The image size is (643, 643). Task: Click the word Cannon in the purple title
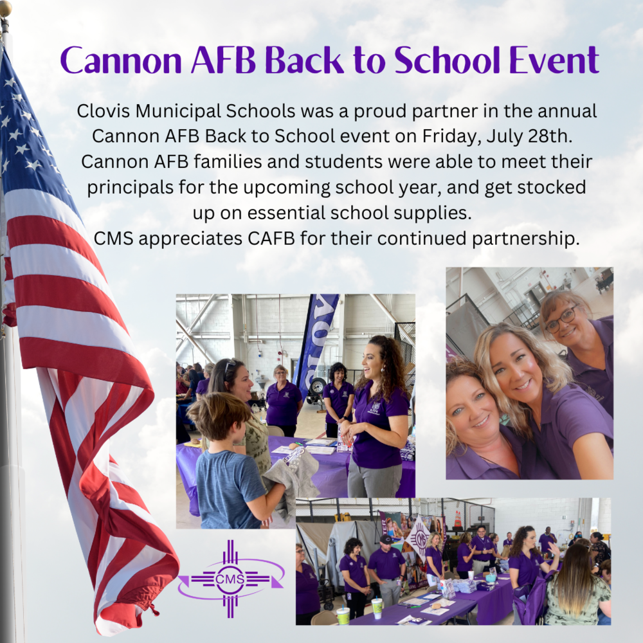121,60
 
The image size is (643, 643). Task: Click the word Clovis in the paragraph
104,111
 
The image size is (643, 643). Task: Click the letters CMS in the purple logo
230,579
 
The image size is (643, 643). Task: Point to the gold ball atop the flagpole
5,9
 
